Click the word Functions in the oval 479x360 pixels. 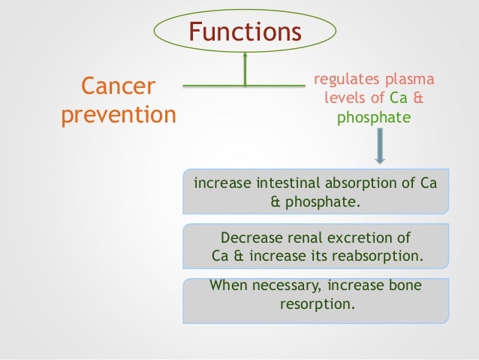tap(245, 32)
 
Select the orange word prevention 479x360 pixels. tap(117, 116)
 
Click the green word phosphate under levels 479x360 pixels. tap(374, 118)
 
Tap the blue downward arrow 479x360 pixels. tap(379, 145)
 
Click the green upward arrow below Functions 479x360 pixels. tap(245, 69)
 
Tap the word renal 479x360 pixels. tap(304, 239)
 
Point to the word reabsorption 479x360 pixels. tap(381, 257)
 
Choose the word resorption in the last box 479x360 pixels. tap(315, 305)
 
